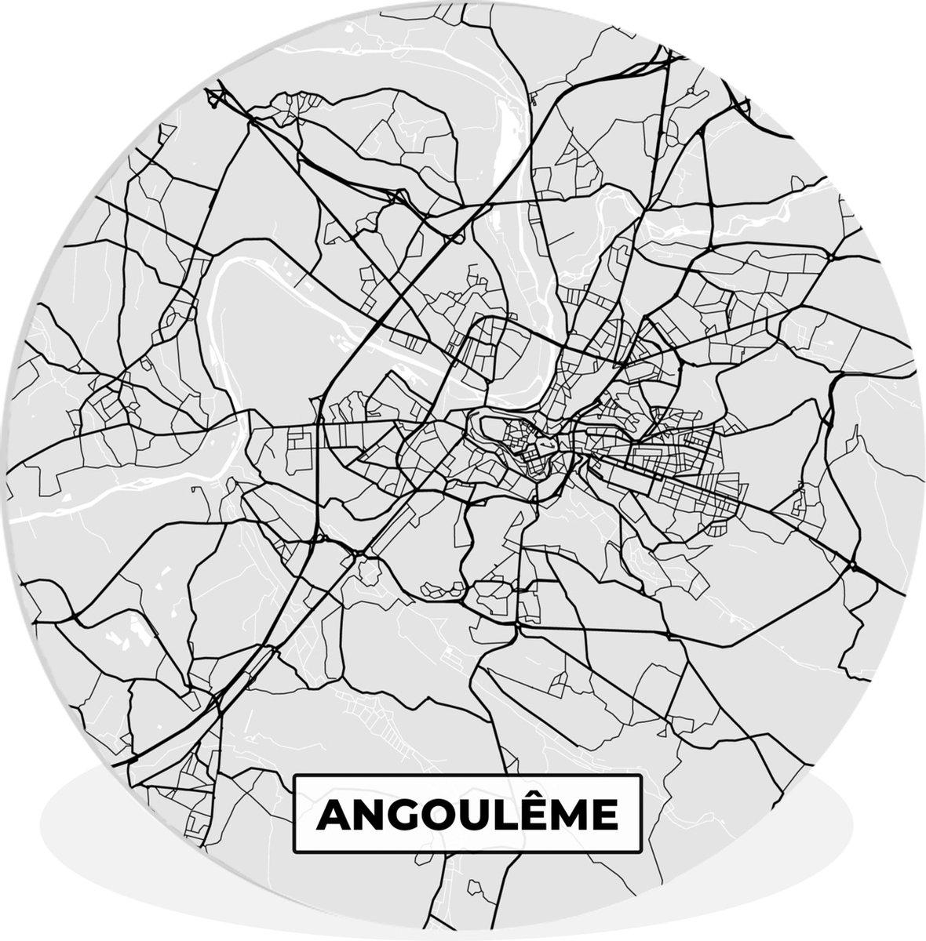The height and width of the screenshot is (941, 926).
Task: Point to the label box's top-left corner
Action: point(294,776)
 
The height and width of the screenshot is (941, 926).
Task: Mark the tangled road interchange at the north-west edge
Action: point(216,98)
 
